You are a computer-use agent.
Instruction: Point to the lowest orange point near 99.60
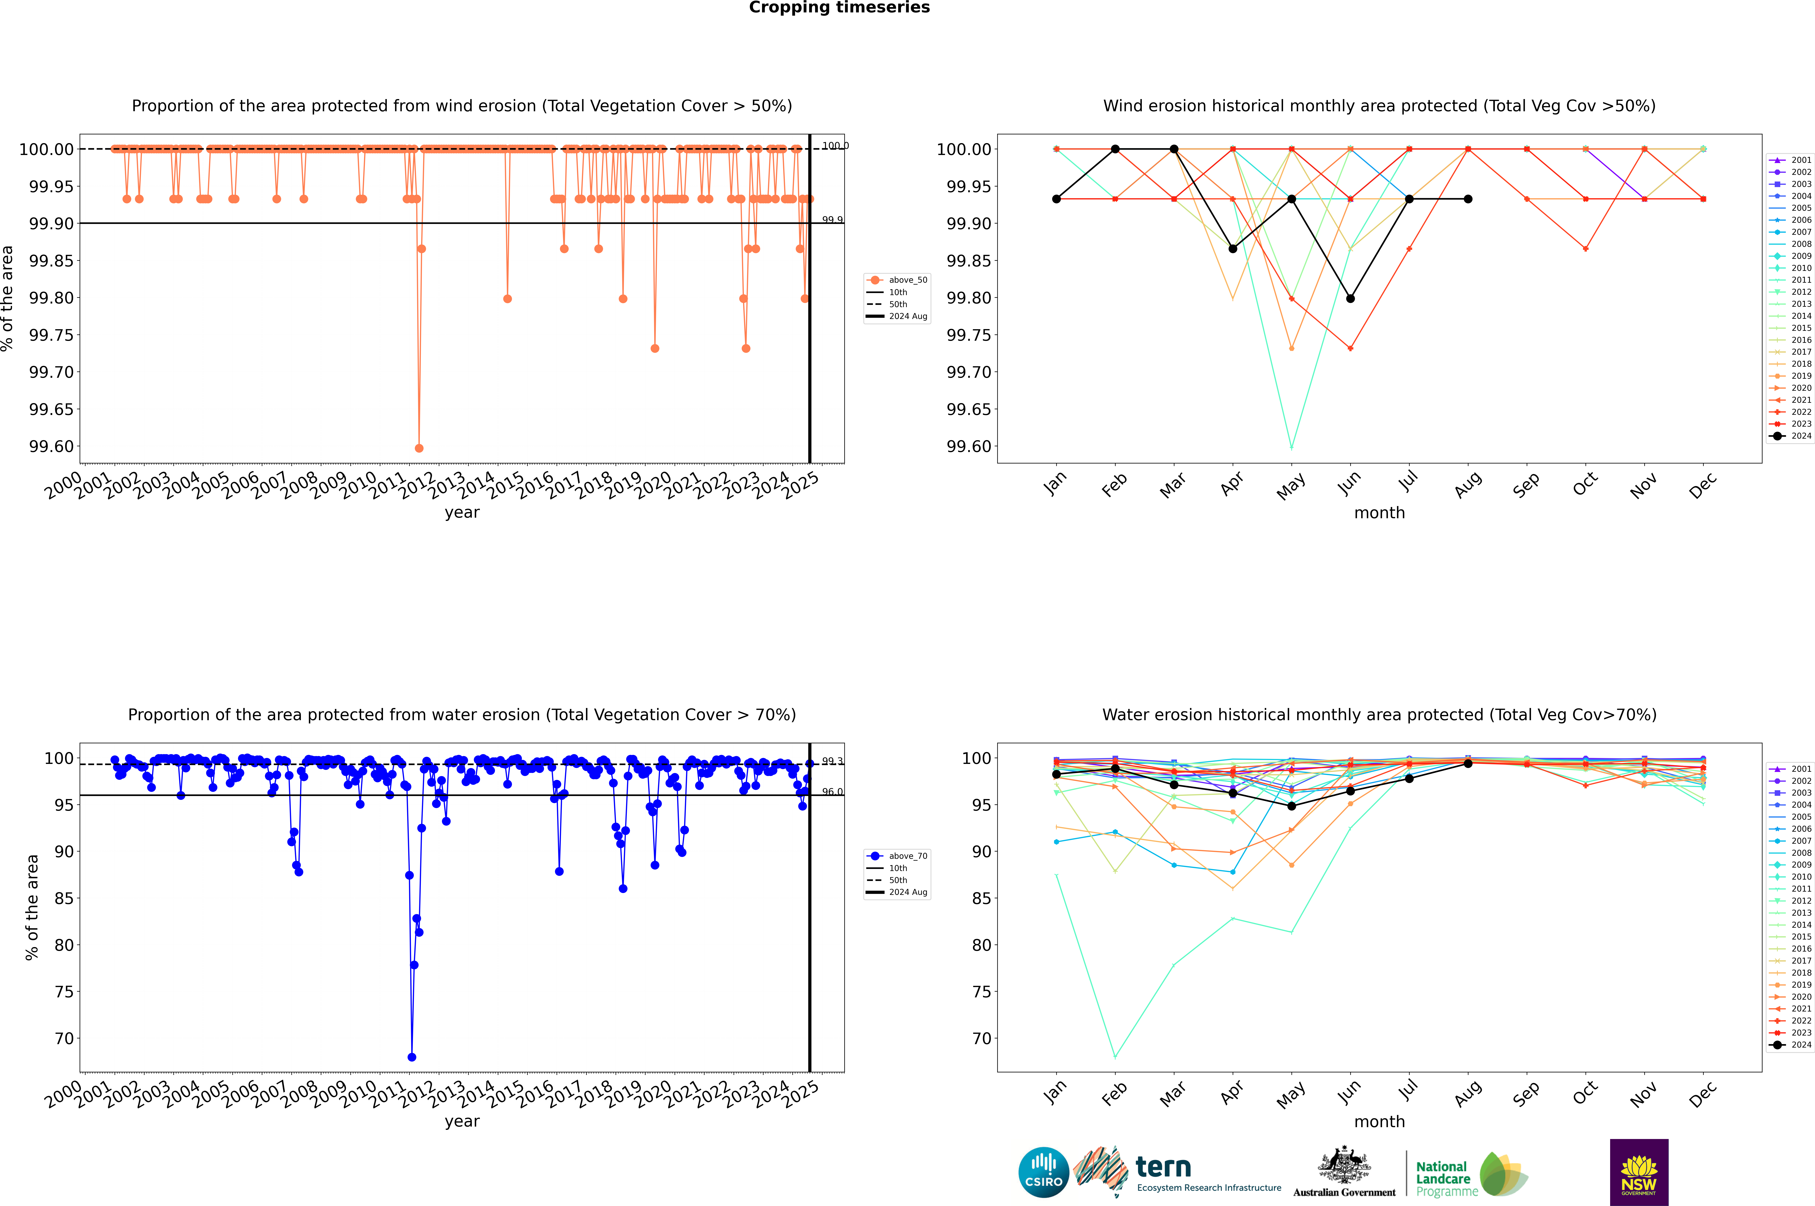point(419,448)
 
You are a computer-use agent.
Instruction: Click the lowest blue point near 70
point(412,1057)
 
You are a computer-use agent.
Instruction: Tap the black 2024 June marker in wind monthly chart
point(1350,298)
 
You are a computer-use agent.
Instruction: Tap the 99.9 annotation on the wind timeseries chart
point(832,220)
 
